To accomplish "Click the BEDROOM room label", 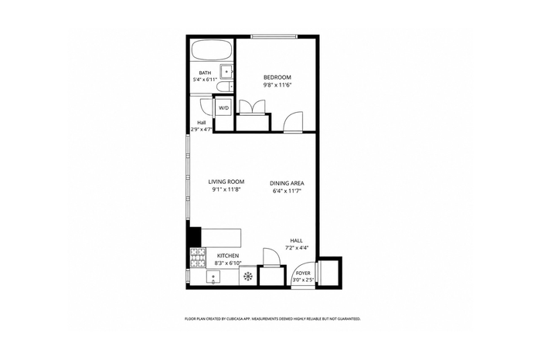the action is tap(277, 77).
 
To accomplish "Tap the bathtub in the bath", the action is tap(211, 50).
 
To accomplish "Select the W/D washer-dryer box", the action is tap(224, 108).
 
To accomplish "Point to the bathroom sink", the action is tap(226, 72).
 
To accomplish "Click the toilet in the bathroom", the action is tap(226, 87).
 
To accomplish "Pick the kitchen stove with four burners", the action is tap(198, 258).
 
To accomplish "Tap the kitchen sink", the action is tap(213, 277).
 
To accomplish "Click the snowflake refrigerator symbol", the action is tap(248, 276).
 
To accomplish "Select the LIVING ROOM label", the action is tap(226, 182).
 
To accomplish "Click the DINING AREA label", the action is tap(287, 183).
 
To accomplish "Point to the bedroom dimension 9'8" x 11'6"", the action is tap(277, 85).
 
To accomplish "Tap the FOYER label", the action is tap(303, 273).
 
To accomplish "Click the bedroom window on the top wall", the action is tap(274, 36).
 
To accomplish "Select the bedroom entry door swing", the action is tap(293, 121).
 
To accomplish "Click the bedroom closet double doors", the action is tap(253, 107).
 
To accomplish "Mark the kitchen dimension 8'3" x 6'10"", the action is tap(228, 263).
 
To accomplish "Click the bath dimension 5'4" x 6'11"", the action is tap(205, 80).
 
